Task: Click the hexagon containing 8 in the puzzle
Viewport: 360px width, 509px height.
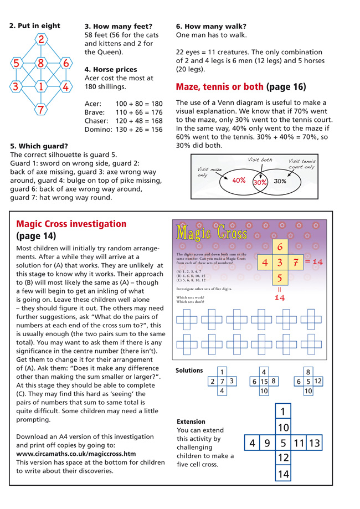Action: [40, 63]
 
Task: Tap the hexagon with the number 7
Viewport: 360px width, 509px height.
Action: [40, 109]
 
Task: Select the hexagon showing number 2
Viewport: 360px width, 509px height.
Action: [40, 39]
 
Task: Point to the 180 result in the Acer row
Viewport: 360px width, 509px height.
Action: [157, 104]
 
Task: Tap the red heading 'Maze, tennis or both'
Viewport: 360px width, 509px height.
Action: [220, 86]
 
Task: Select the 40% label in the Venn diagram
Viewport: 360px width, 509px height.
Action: [239, 180]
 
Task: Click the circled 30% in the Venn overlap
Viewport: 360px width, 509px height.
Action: [260, 181]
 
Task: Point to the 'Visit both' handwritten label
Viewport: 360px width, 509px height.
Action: [260, 160]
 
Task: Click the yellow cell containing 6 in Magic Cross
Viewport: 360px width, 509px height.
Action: [280, 246]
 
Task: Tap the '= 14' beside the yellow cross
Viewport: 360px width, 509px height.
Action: [314, 261]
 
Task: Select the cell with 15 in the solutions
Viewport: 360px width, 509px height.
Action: [264, 381]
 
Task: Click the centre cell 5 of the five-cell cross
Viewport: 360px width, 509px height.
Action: [282, 443]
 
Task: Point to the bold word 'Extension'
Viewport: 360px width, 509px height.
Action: [191, 421]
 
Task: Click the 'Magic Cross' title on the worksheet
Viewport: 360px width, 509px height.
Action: [211, 233]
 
